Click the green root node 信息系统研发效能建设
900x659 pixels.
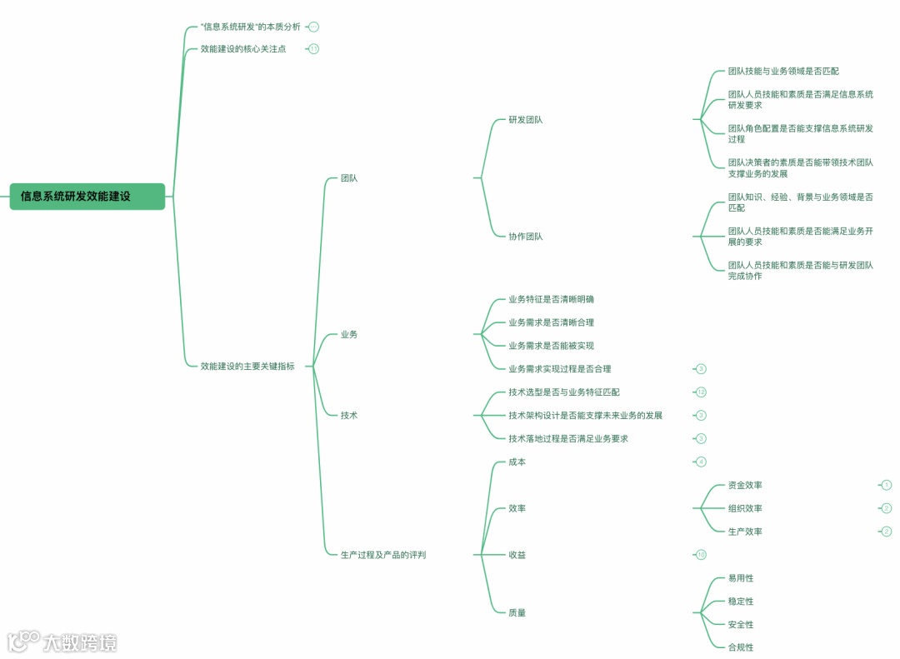(x=87, y=197)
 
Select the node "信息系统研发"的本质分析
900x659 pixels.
(x=250, y=27)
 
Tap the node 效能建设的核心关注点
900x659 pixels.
(x=243, y=49)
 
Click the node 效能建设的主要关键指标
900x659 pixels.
(x=247, y=366)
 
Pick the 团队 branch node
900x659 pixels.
(x=349, y=178)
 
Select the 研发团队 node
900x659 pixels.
(x=525, y=120)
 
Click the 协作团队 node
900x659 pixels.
(x=525, y=237)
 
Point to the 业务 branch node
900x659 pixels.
(x=349, y=335)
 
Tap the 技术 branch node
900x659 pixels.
(x=349, y=415)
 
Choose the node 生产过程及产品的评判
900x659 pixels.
(x=383, y=555)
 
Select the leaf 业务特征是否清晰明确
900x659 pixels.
(x=551, y=299)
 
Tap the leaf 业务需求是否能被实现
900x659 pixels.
(x=551, y=346)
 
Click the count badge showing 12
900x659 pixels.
(x=701, y=392)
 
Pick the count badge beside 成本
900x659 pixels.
(x=701, y=462)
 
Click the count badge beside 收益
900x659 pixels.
(x=701, y=555)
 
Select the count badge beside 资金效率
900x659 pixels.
(x=887, y=485)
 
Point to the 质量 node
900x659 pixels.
(x=517, y=613)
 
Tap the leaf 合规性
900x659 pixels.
(x=740, y=647)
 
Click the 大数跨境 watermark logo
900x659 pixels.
(x=62, y=642)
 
